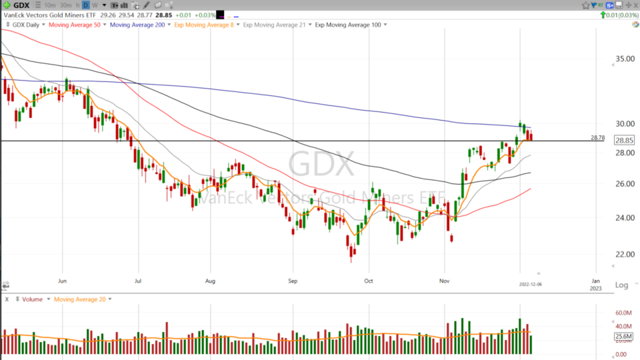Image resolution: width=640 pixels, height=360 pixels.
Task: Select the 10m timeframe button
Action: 49,5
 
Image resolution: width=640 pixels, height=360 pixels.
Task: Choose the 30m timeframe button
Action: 65,5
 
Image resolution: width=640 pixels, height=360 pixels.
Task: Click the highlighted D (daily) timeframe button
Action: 86,5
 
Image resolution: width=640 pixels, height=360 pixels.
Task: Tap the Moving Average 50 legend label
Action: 75,25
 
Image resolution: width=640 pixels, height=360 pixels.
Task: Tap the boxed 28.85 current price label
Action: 624,141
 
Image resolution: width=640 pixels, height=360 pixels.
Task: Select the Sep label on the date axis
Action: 292,281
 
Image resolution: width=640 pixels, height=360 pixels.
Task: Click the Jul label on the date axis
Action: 137,281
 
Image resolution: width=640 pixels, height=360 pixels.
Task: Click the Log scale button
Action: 621,285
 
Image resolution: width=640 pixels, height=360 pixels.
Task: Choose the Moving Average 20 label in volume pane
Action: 80,299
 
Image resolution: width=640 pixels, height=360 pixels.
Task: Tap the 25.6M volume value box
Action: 624,337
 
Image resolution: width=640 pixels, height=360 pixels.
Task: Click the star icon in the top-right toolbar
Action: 585,5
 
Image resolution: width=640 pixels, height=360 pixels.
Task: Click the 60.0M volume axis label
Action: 623,313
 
